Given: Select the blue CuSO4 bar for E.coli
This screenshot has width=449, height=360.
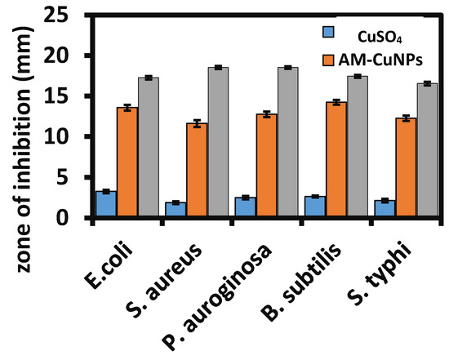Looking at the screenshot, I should [x=106, y=204].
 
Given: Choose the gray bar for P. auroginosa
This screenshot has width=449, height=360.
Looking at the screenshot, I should [x=287, y=142].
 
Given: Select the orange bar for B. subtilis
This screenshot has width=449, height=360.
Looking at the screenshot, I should [x=336, y=159].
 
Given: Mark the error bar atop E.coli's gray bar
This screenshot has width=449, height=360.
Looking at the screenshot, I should [x=148, y=78].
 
